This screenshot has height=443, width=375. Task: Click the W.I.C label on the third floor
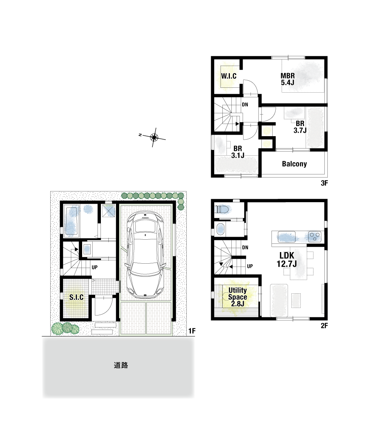[x=228, y=76]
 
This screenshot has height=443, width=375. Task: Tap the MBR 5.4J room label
[x=288, y=79]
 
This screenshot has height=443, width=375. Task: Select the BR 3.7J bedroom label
[x=300, y=127]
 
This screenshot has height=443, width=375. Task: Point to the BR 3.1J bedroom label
[x=237, y=152]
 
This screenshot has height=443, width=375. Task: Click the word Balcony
[x=294, y=164]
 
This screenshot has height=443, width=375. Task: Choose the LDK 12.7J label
[x=286, y=260]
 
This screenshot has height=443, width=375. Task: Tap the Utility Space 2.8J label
[x=237, y=297]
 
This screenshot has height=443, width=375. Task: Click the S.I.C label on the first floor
[x=76, y=297]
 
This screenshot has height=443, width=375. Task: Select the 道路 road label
[x=121, y=365]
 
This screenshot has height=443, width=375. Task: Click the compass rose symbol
[x=154, y=138]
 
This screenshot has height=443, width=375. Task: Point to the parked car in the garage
[x=145, y=255]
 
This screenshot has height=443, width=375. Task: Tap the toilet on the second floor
[x=222, y=209]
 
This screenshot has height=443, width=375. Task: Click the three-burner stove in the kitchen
[x=314, y=236]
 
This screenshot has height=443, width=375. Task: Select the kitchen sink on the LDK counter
[x=286, y=237]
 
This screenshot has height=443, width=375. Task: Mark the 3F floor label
[x=324, y=183]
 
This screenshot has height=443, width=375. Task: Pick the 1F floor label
[x=192, y=331]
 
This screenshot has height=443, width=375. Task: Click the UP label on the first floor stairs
[x=94, y=267]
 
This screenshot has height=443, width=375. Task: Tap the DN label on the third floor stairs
[x=245, y=105]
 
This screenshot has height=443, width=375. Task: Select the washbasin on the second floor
[x=220, y=229]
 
